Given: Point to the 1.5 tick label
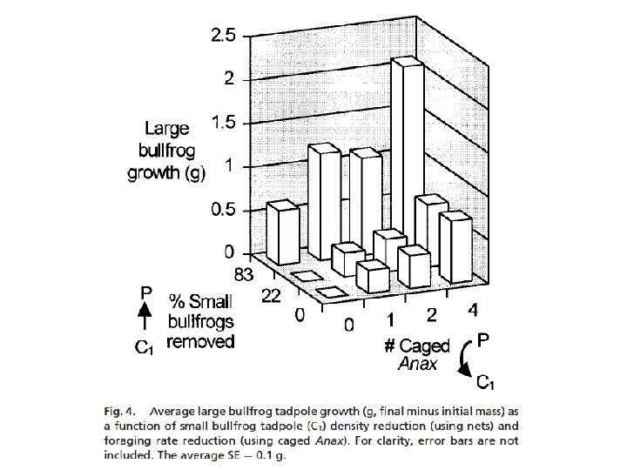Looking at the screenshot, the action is point(221,122).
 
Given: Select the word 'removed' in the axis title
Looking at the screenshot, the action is point(200,341).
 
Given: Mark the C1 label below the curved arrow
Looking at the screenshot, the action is point(488,380).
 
